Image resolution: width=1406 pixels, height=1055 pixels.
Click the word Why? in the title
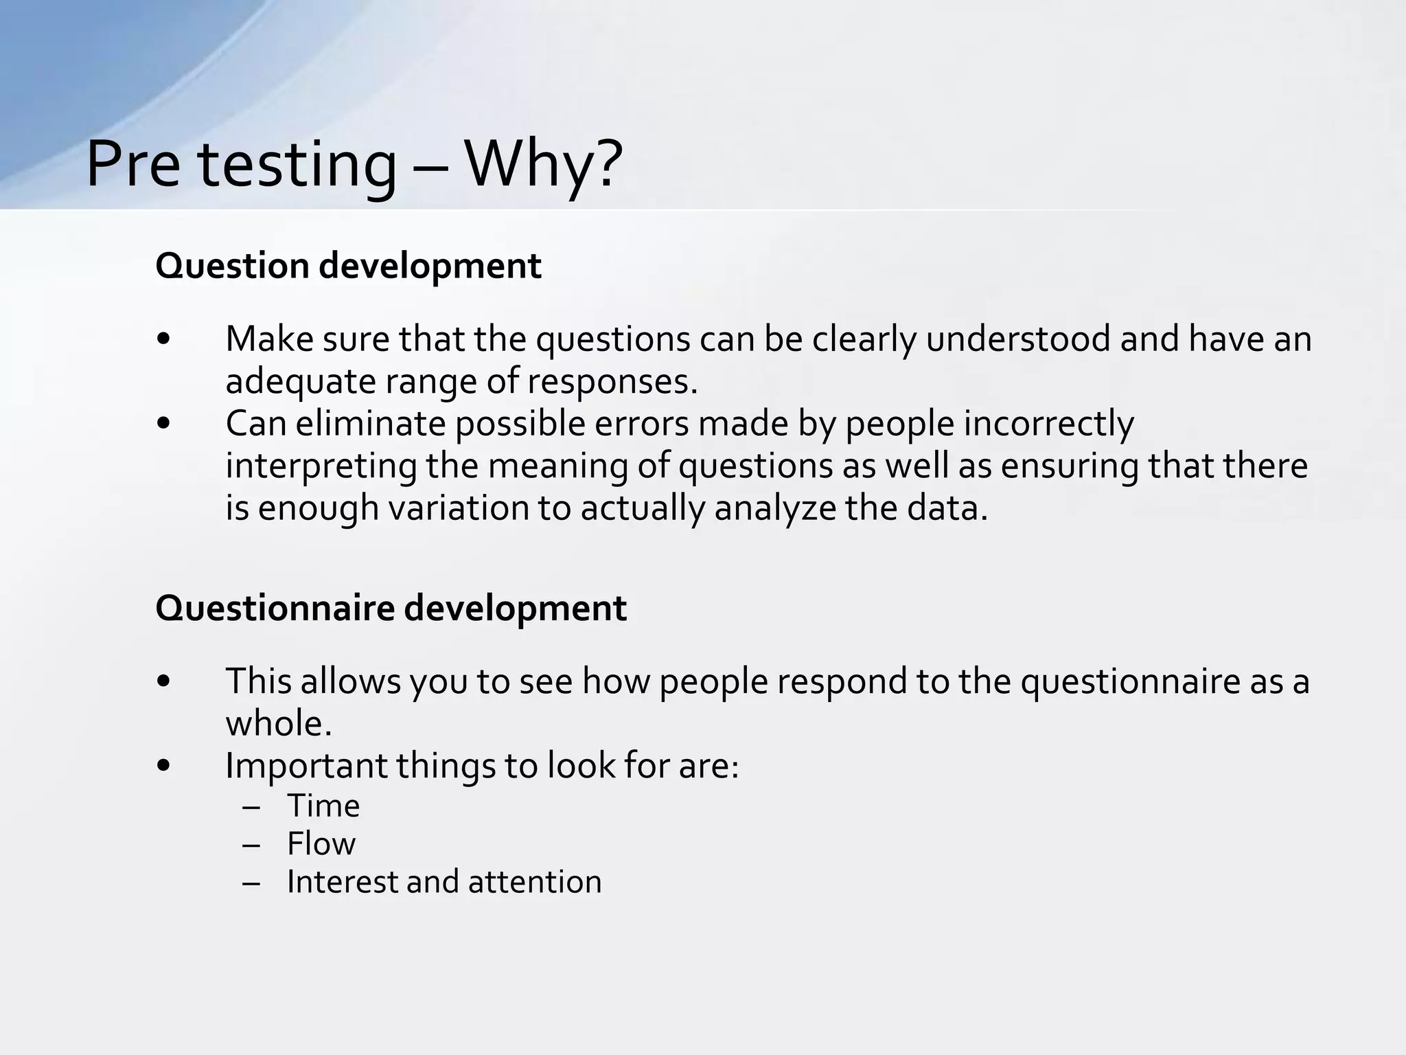tap(544, 165)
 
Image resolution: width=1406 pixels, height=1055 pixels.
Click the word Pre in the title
tap(133, 165)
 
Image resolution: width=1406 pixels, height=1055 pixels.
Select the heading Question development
tap(348, 266)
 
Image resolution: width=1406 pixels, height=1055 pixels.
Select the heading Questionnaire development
tap(391, 608)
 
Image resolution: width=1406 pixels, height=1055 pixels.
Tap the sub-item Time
tap(323, 806)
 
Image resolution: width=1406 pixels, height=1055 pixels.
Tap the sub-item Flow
tap(321, 843)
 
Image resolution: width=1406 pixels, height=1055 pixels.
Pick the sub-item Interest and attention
tap(443, 882)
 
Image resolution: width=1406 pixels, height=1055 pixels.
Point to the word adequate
tap(300, 382)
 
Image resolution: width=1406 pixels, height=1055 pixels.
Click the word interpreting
tap(321, 466)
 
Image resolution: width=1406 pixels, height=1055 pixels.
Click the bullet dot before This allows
tap(163, 681)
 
